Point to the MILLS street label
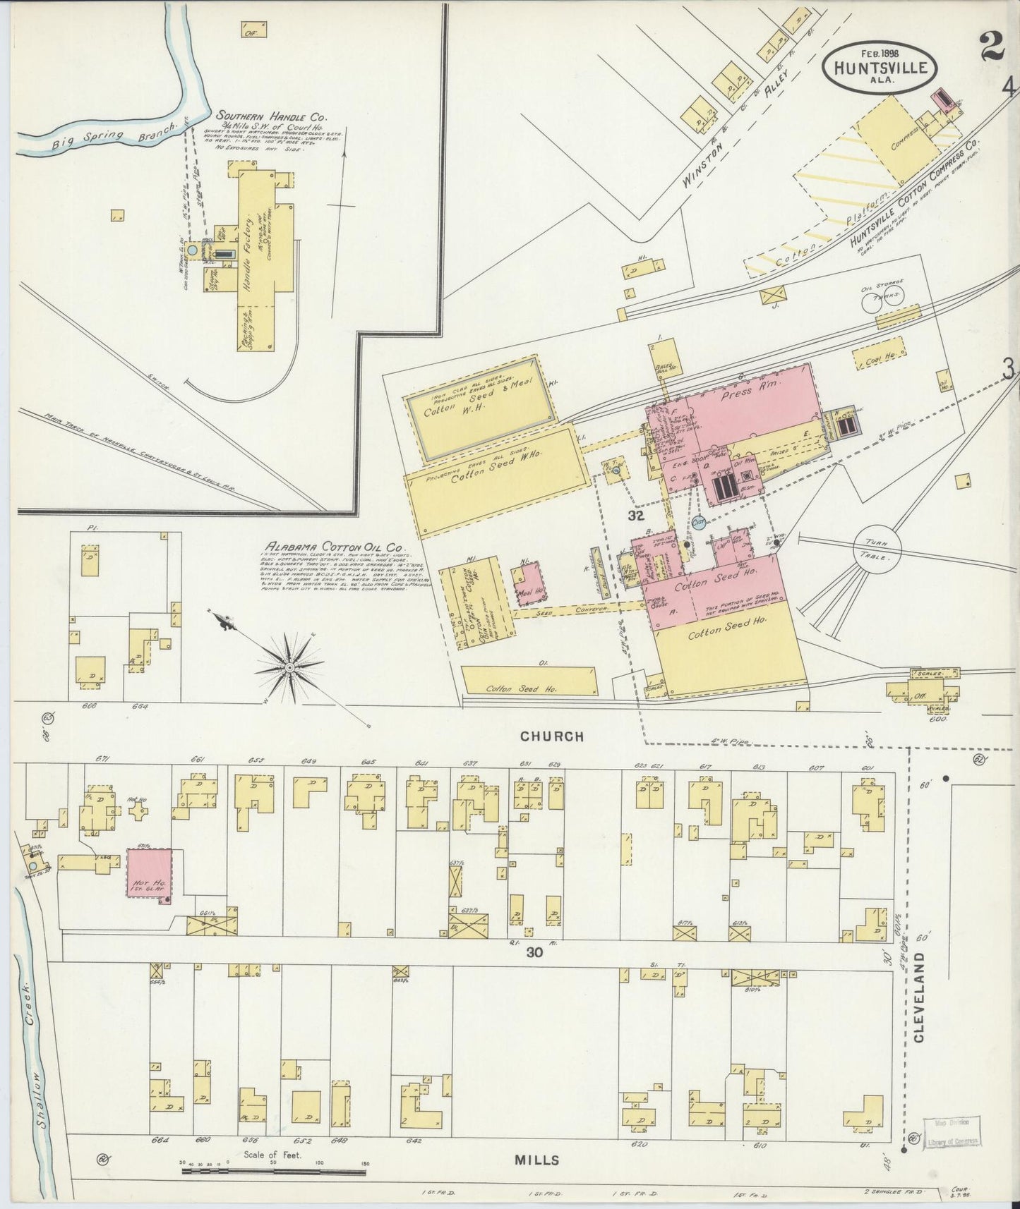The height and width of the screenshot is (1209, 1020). pos(536,1160)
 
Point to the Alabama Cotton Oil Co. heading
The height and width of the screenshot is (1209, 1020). pos(333,547)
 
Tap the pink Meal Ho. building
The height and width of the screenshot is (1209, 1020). pos(529,583)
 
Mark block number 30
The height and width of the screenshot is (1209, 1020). pos(534,952)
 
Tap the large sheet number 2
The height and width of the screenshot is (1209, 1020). pos(992,48)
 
